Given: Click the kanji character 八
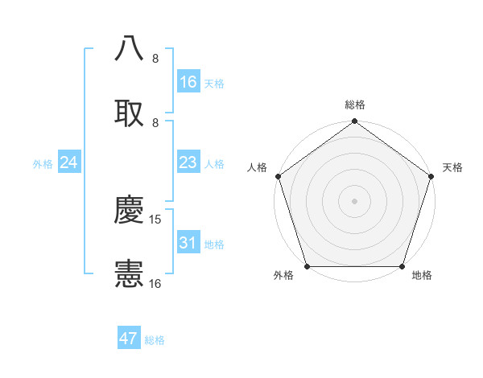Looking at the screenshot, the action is (x=129, y=48).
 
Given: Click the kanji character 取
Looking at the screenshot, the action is (x=129, y=112).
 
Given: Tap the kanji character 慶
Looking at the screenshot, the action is (x=129, y=210).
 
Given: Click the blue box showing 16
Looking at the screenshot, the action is (x=188, y=82).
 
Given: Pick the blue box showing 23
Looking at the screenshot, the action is (x=188, y=162).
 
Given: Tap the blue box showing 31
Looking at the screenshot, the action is (x=188, y=243).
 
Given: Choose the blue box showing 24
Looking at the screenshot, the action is (x=69, y=162).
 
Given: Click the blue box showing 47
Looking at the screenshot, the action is (x=129, y=339).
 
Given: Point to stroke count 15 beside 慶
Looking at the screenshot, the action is (x=156, y=220).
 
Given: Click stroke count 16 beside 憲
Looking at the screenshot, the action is (x=155, y=283).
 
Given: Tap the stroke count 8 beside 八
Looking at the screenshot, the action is (x=155, y=59).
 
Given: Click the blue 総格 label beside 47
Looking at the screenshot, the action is (x=155, y=340).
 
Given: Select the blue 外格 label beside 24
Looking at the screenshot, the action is (x=43, y=164).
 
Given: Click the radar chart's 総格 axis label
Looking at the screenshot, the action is (x=355, y=105).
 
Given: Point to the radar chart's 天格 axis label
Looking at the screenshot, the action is (x=453, y=167).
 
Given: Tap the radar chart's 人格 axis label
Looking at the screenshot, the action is (x=257, y=167).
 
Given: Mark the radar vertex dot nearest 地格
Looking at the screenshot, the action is (x=402, y=266).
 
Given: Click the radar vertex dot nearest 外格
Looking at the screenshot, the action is (x=307, y=266).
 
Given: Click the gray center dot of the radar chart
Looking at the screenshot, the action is (x=354, y=200).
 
